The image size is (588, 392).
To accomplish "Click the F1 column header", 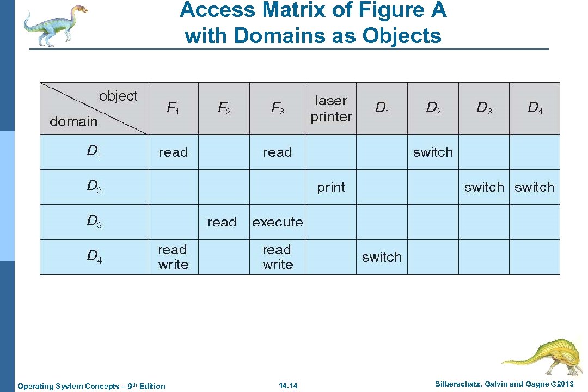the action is click(x=173, y=108).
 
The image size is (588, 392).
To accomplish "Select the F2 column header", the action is click(x=224, y=108).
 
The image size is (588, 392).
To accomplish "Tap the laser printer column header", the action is click(x=331, y=108).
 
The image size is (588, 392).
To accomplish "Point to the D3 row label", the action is click(x=94, y=222).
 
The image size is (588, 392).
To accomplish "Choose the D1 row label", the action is click(x=94, y=152).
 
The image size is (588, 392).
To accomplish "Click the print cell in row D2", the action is click(x=331, y=187).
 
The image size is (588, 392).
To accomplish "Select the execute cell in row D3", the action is click(x=277, y=222).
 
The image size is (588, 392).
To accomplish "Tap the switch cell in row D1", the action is click(x=433, y=152).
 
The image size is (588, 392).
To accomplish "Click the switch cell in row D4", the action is click(x=382, y=257).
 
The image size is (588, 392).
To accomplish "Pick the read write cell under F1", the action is click(x=173, y=257).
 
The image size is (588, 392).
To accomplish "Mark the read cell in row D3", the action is click(x=222, y=222).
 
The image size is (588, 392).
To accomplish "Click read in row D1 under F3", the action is click(x=277, y=152).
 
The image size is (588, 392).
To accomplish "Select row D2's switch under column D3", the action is click(x=484, y=187).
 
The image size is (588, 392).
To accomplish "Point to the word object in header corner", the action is click(x=118, y=96).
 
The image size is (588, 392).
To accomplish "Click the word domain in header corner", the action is click(x=73, y=121).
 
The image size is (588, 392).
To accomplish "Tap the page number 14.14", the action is click(x=288, y=386).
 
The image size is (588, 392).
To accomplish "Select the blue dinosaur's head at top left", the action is click(x=79, y=10).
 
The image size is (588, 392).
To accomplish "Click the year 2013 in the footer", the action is click(x=562, y=384).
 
